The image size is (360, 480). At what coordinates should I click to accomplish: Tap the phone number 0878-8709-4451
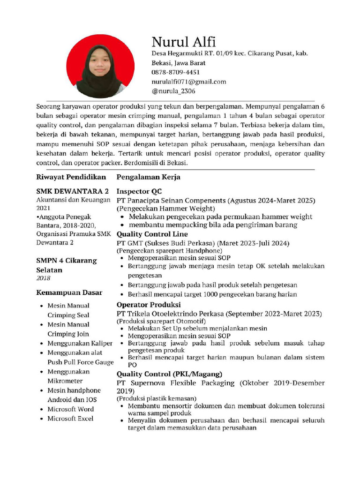pyautogui.click(x=175, y=72)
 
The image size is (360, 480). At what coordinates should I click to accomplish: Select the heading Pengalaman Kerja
pyautogui.click(x=148, y=177)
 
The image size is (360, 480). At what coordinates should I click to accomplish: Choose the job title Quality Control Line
pyautogui.click(x=152, y=234)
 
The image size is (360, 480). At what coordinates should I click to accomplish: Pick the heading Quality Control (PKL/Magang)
pyautogui.click(x=169, y=374)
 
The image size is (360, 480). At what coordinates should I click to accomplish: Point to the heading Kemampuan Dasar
pyautogui.click(x=69, y=292)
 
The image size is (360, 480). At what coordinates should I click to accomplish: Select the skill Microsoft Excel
pyautogui.click(x=70, y=418)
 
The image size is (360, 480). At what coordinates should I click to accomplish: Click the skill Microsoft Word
pyautogui.click(x=70, y=409)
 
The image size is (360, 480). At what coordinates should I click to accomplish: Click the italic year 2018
pyautogui.click(x=43, y=278)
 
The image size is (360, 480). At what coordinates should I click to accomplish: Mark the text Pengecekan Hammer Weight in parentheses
pyautogui.click(x=166, y=208)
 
